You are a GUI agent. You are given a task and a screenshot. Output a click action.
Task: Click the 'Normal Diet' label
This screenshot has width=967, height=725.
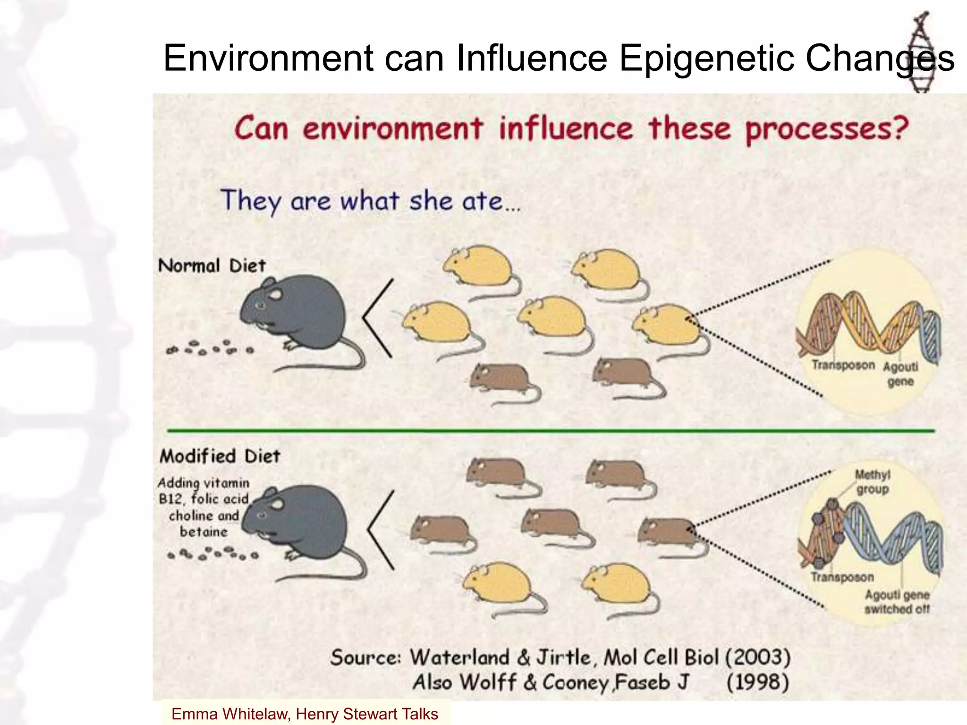[212, 266]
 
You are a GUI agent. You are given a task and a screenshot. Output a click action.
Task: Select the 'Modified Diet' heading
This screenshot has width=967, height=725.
[220, 456]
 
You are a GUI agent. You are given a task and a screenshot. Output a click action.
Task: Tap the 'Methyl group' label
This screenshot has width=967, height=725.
[873, 482]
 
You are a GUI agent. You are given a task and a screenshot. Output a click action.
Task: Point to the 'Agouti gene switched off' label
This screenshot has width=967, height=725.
[897, 602]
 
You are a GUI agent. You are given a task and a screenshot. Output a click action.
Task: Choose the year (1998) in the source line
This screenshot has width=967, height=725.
[757, 683]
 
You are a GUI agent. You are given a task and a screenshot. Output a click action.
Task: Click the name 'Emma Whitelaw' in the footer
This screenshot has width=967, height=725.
[229, 714]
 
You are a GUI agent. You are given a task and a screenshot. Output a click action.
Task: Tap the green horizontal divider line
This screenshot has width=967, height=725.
[551, 430]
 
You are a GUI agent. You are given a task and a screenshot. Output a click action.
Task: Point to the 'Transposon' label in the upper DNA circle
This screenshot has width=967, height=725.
[843, 365]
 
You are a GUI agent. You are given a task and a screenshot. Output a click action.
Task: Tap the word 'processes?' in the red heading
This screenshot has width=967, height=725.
[827, 129]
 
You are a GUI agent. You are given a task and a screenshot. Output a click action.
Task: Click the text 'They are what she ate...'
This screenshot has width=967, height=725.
[370, 202]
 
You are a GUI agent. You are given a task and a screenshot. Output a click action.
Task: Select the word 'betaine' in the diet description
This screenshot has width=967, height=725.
[204, 532]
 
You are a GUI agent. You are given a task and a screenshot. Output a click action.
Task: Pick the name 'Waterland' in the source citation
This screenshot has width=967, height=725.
[459, 657]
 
